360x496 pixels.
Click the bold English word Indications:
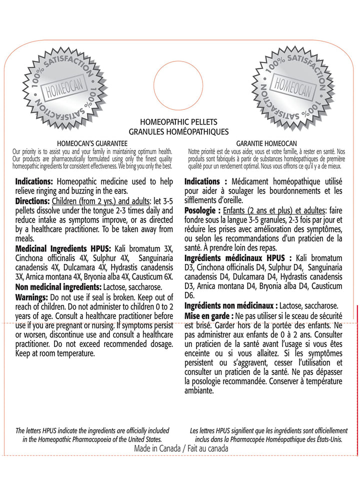click(x=35, y=181)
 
